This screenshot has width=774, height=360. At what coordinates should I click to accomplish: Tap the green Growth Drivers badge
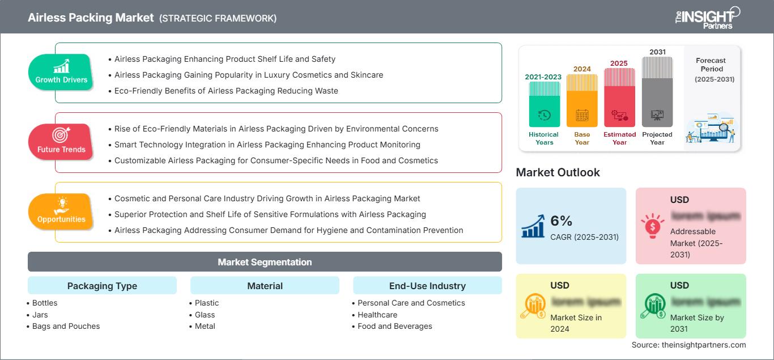[61, 72]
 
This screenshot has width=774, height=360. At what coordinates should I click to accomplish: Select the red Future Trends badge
[61, 142]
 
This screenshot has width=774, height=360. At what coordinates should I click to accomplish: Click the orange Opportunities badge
[61, 211]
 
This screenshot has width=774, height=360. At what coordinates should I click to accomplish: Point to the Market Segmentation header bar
[265, 262]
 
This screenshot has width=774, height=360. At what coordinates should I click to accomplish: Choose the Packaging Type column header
[102, 286]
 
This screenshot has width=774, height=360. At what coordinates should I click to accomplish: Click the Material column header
[265, 286]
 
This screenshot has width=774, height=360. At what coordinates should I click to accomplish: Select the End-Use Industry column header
[427, 286]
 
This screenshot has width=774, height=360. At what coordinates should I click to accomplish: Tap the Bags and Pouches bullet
[66, 326]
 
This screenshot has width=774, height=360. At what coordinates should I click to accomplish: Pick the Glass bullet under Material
[205, 315]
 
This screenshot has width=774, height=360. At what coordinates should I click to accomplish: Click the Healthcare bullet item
[377, 315]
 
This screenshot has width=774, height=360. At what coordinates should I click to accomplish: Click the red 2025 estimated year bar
[619, 97]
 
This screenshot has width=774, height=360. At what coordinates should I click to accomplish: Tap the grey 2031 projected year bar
[657, 91]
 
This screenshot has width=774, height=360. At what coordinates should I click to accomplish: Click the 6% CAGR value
[562, 221]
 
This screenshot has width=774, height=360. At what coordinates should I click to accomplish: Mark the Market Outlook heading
[558, 172]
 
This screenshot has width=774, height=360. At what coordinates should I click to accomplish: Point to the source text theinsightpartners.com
[688, 345]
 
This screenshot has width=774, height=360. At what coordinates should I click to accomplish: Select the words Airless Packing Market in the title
[91, 18]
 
